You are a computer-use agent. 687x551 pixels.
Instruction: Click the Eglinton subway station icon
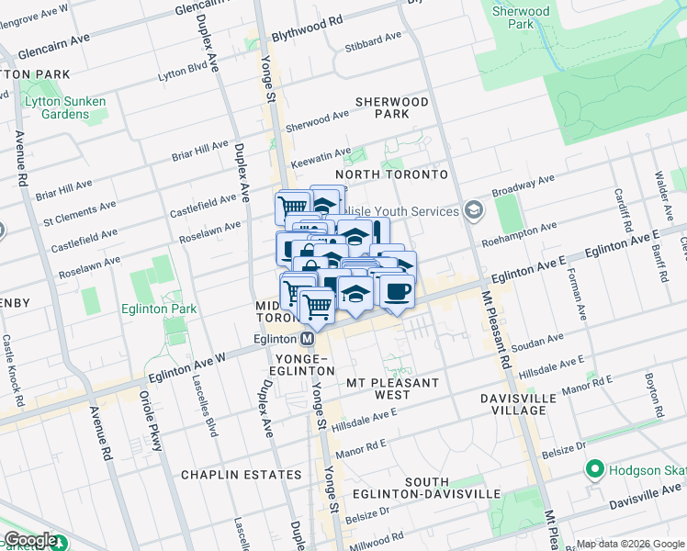pyautogui.click(x=308, y=337)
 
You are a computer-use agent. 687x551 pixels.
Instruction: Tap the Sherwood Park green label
pyautogui.click(x=521, y=18)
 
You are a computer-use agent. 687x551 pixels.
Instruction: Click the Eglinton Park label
pyautogui.click(x=159, y=309)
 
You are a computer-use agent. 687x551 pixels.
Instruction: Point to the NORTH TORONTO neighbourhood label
pyautogui.click(x=390, y=174)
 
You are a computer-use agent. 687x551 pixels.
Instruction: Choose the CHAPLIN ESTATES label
pyautogui.click(x=241, y=475)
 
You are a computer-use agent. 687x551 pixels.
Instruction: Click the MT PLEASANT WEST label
pyautogui.click(x=392, y=388)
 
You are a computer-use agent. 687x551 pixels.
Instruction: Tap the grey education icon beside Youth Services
pyautogui.click(x=473, y=210)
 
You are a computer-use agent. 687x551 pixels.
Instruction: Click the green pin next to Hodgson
pyautogui.click(x=594, y=470)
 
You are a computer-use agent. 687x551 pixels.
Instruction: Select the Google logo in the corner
pyautogui.click(x=29, y=540)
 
